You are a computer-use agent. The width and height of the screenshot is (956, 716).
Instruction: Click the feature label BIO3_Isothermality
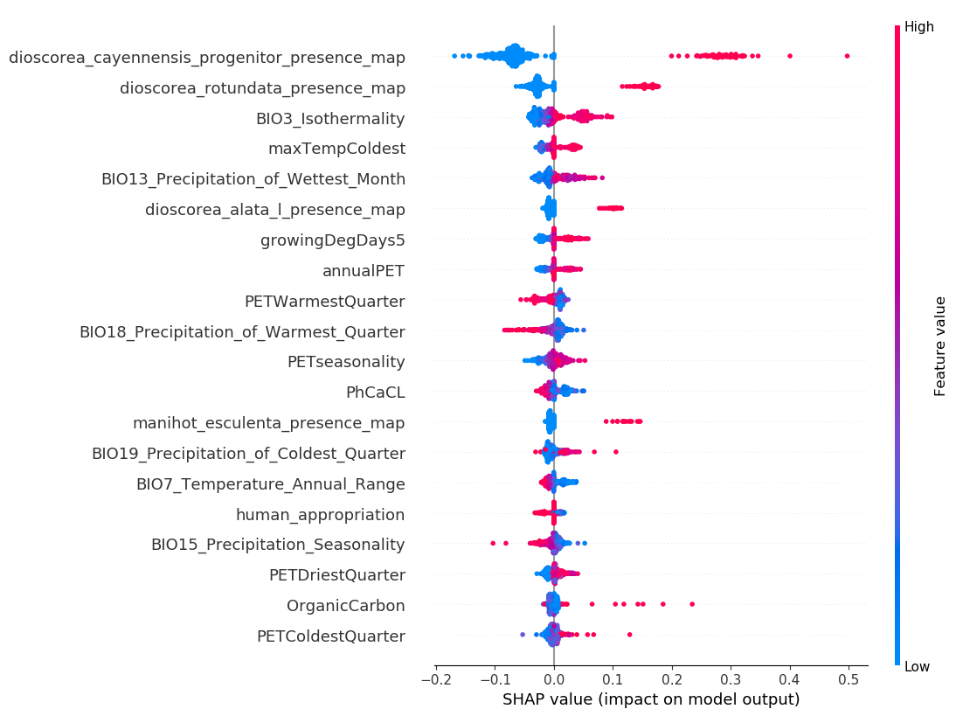point(330,118)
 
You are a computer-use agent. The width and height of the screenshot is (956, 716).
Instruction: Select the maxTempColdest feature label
point(336,149)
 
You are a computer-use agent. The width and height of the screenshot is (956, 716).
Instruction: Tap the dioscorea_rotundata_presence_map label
point(262,87)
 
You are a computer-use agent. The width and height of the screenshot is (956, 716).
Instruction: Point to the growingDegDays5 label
point(333,240)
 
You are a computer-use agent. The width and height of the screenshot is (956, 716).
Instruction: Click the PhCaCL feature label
point(375,393)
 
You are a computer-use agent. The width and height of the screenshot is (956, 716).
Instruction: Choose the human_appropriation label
point(320,515)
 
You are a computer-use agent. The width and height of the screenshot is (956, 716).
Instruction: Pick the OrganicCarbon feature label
point(345,606)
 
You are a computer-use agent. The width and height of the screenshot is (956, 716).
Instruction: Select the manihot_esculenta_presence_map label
point(268,423)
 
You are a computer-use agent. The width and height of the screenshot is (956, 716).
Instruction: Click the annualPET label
point(364,271)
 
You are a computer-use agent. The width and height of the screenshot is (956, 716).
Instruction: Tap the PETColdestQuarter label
point(330,636)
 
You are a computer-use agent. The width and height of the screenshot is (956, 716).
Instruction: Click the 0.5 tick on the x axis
point(849,679)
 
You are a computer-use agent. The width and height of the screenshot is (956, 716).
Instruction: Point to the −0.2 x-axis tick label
point(435,679)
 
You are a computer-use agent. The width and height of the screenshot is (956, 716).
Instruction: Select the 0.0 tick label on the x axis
point(554,679)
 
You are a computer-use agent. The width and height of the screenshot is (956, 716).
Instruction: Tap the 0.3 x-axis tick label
point(731,679)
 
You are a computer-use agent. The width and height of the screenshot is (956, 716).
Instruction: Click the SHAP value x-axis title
point(651,699)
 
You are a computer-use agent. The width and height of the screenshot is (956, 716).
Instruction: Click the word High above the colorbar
point(918,27)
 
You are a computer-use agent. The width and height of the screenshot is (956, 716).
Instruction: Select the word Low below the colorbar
point(917,667)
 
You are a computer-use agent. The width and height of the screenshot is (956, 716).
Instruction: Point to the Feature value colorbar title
point(940,346)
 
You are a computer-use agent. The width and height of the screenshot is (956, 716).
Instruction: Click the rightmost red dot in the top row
point(848,56)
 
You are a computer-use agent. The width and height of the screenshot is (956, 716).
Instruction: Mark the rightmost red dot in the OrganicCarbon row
point(692,604)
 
